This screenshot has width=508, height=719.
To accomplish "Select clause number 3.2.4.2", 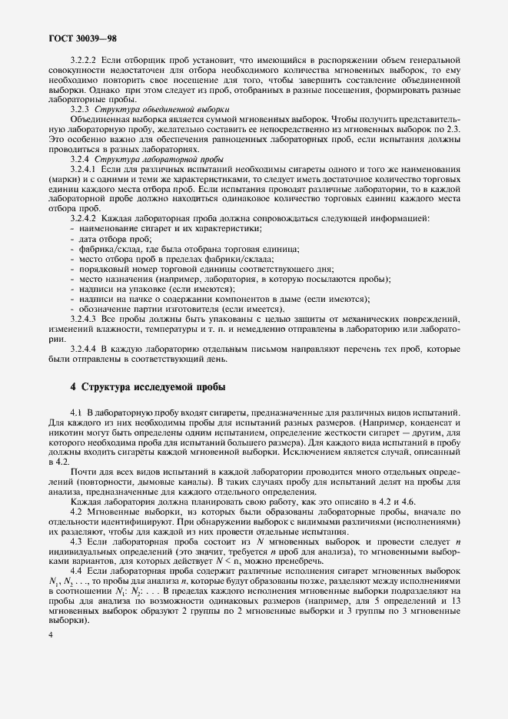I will click(x=84, y=219).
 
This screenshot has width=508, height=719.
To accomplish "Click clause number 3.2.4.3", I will click(x=84, y=318).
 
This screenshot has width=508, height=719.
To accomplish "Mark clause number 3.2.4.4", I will click(x=84, y=348).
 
